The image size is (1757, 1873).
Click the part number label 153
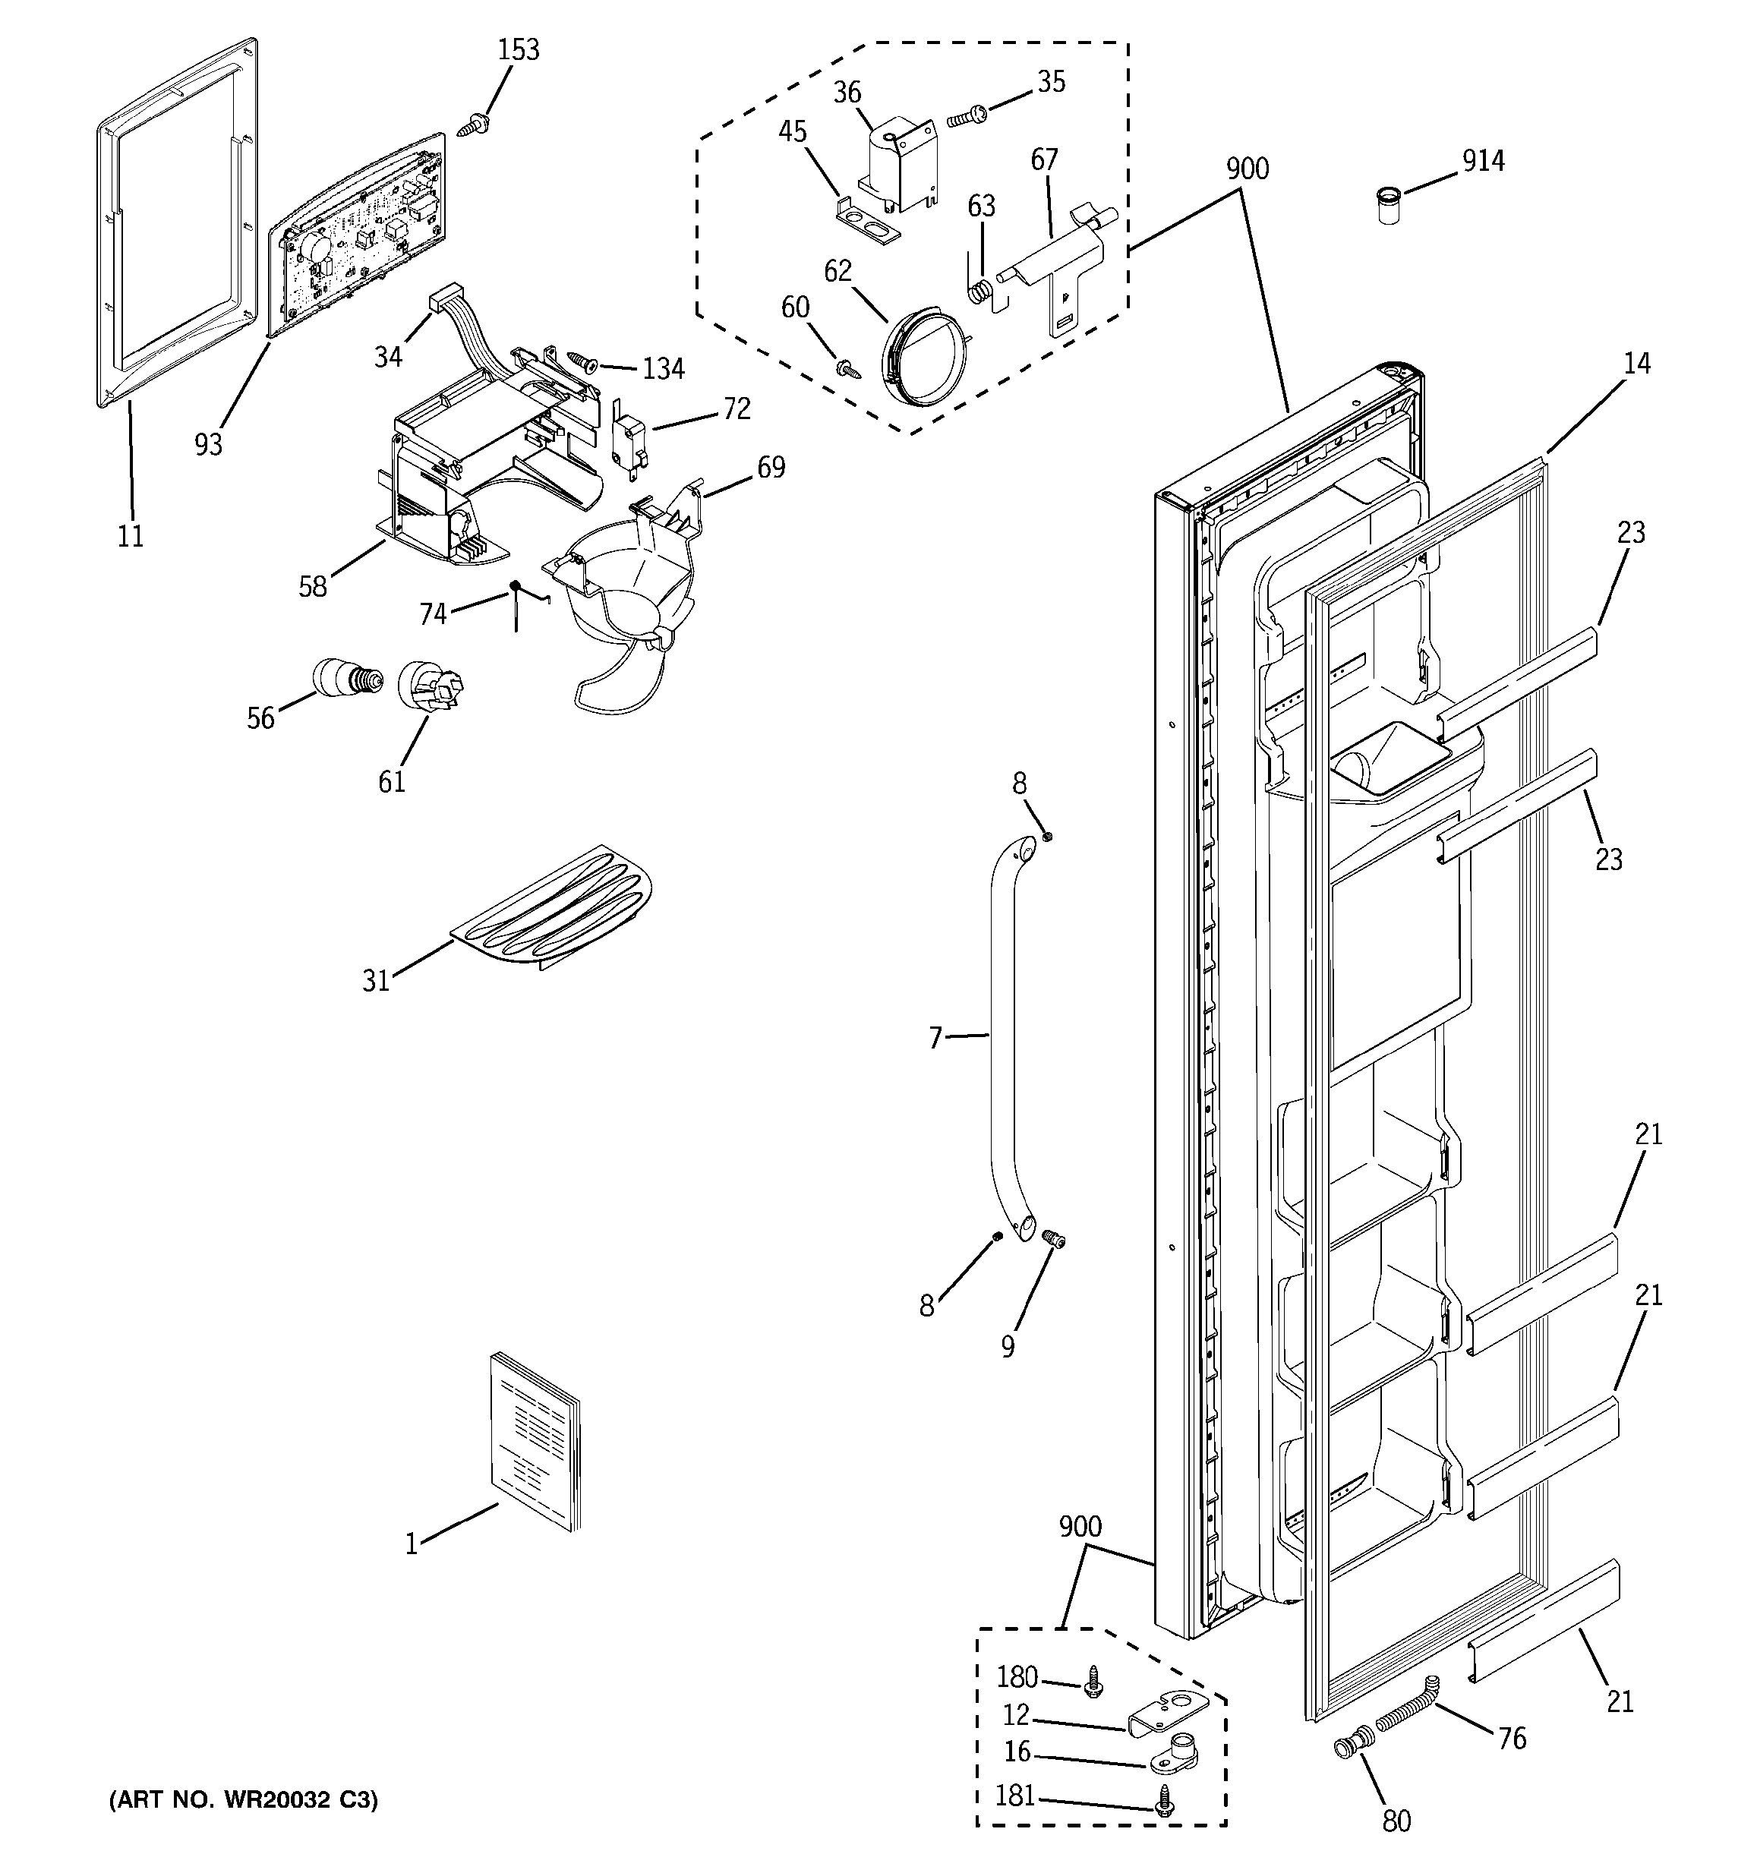pyautogui.click(x=518, y=50)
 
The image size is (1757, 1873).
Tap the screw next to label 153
pyautogui.click(x=472, y=125)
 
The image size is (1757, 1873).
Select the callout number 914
pyautogui.click(x=1483, y=161)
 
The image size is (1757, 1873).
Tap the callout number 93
pyautogui.click(x=208, y=445)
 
